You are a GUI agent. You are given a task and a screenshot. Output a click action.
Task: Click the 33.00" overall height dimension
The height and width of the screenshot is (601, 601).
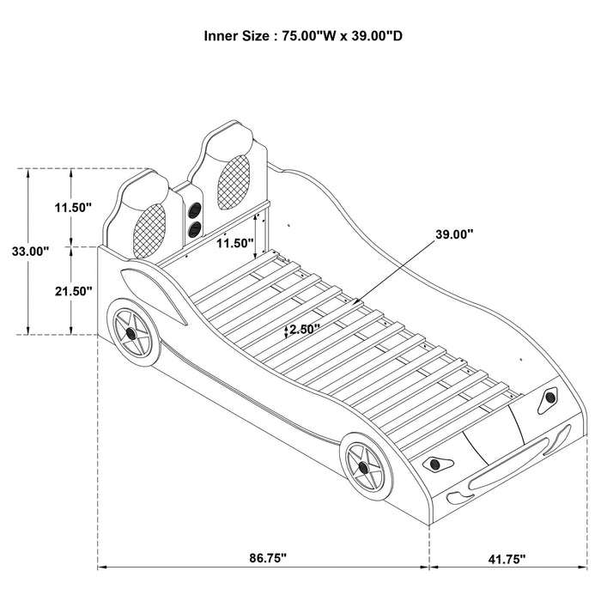coord(30,252)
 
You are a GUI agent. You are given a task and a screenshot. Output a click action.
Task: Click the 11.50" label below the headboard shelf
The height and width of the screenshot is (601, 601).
coord(234,244)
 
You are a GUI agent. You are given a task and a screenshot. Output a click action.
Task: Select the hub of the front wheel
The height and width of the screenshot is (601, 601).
coord(363,470)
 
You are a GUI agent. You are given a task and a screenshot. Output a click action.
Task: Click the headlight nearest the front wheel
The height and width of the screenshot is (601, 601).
coord(438,464)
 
